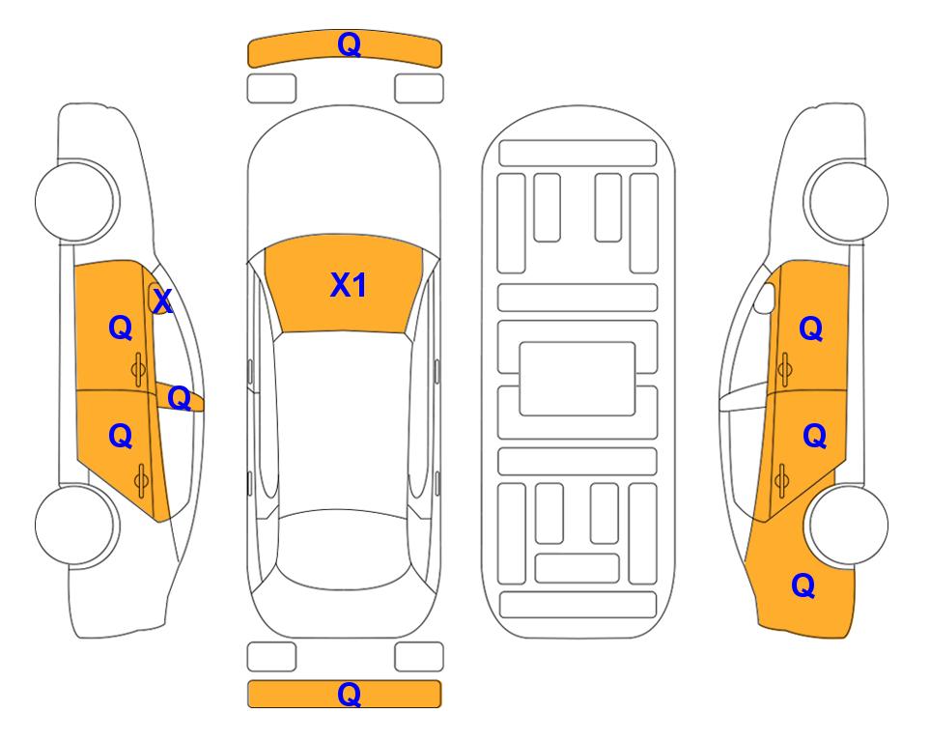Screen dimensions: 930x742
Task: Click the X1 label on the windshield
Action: (349, 285)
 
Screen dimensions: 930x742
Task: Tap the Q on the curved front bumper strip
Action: (350, 44)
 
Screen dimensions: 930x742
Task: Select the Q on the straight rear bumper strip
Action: (350, 694)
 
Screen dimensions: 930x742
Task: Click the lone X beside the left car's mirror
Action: (162, 301)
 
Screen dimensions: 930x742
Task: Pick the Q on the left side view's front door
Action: (121, 328)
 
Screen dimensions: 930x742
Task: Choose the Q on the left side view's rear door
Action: (121, 437)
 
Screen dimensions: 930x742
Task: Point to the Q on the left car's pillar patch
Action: (179, 398)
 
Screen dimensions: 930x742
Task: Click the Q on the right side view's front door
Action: (811, 328)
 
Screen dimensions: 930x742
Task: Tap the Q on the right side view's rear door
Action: (814, 437)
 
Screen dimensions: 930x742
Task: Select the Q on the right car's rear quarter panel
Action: (803, 585)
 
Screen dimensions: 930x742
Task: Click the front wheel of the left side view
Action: (76, 201)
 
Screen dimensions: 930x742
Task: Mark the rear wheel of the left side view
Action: (76, 526)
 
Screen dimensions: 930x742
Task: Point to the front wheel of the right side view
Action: (847, 201)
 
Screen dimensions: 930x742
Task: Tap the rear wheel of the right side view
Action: (848, 526)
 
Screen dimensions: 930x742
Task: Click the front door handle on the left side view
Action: (139, 369)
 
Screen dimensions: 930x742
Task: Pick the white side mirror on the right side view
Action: (764, 298)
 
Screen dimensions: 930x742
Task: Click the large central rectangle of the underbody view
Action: (578, 379)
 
